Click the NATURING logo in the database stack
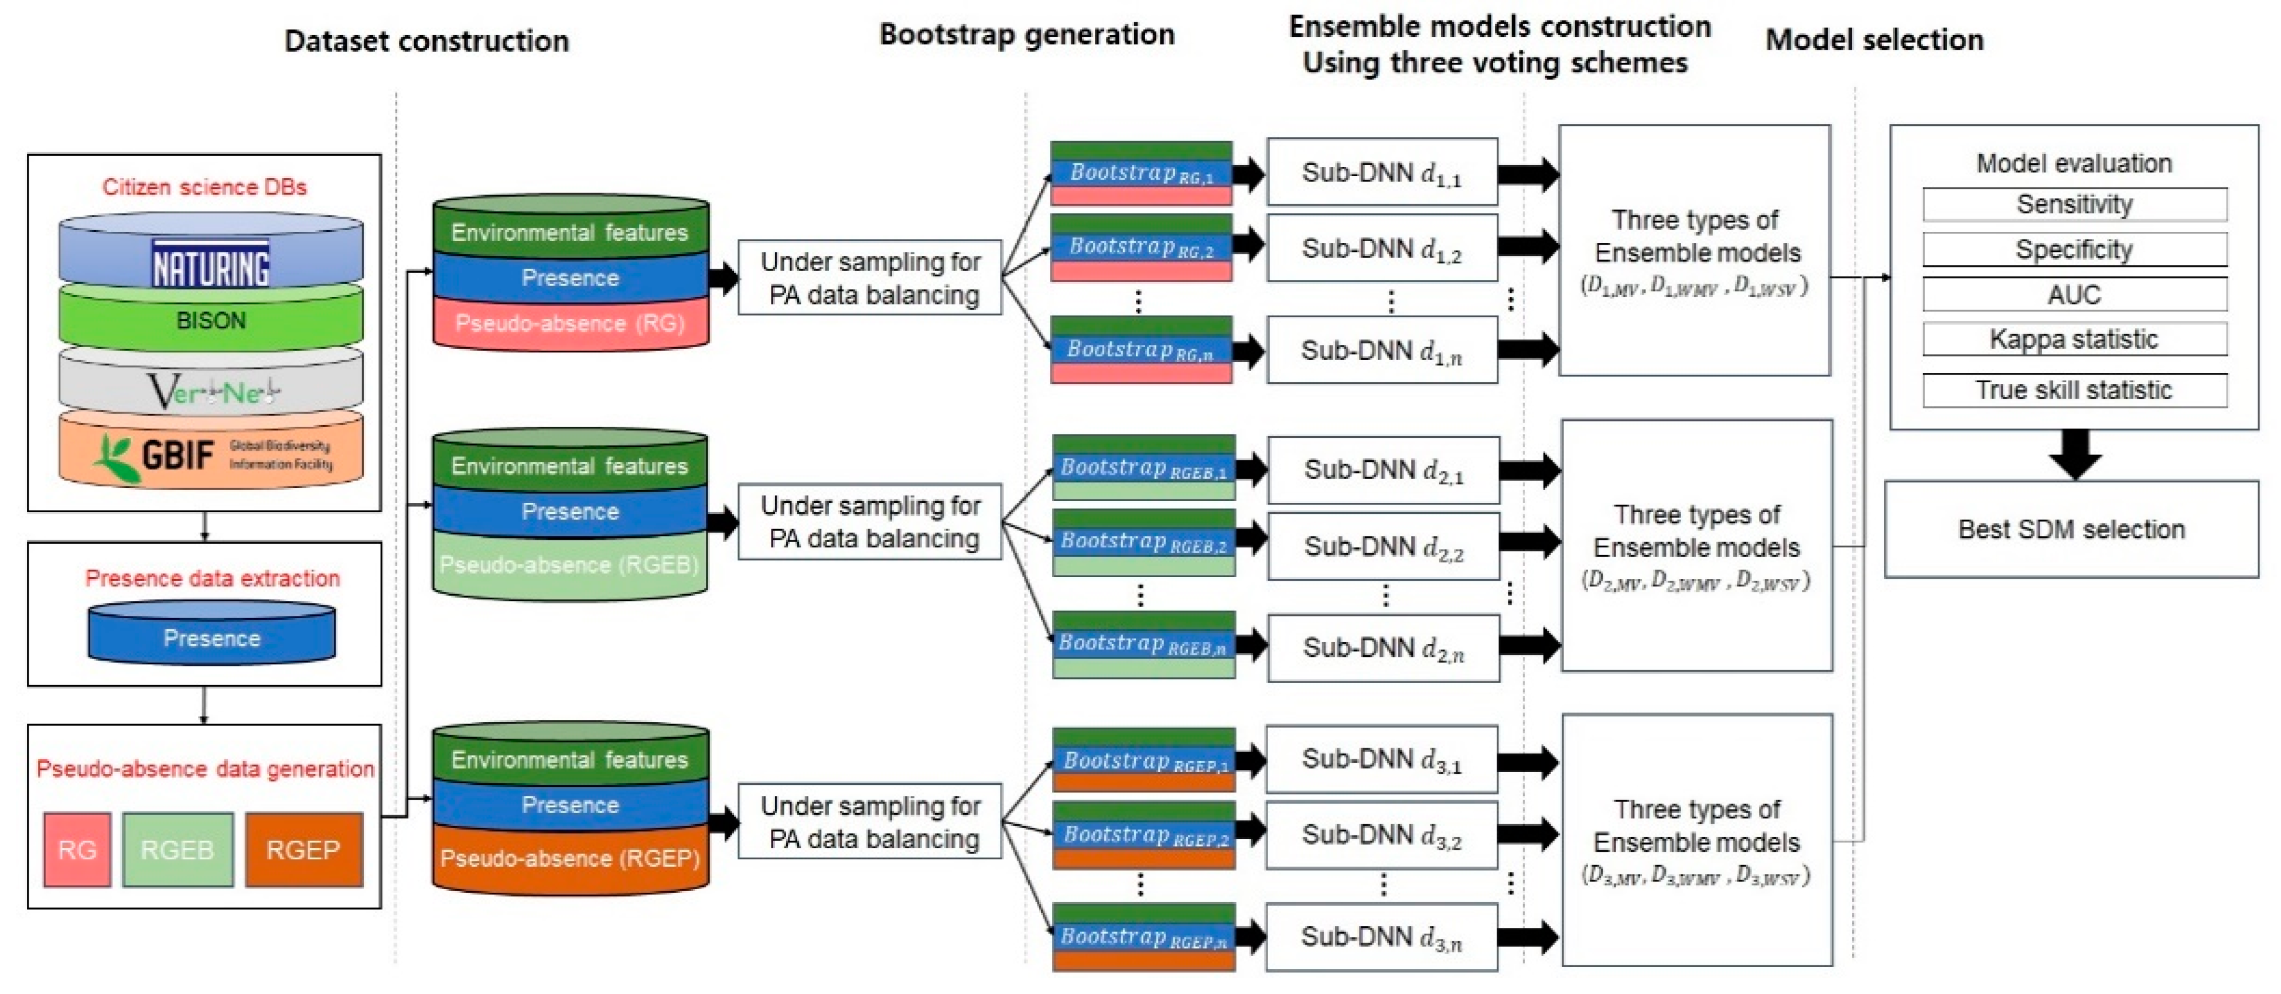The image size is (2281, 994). tap(211, 264)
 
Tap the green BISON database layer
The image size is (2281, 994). tap(211, 320)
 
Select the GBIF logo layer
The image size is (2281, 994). tap(211, 454)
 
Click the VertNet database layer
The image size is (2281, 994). tap(211, 389)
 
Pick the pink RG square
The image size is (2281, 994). tap(77, 850)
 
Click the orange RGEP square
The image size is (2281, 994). tap(303, 850)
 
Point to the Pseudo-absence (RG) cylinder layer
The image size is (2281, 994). tap(571, 324)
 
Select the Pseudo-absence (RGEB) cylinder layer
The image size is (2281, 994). tap(571, 565)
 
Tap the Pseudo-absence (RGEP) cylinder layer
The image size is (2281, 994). tap(571, 859)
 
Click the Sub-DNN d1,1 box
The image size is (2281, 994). tap(1381, 173)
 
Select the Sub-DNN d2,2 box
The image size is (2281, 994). tap(1383, 547)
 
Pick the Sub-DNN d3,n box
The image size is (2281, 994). tap(1381, 937)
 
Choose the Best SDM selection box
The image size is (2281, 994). tap(2071, 529)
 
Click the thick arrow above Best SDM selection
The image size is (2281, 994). tap(2075, 453)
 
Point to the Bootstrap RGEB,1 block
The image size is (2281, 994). tap(1143, 468)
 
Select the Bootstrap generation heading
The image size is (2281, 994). tap(1026, 35)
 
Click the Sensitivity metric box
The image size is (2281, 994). tap(2074, 204)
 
